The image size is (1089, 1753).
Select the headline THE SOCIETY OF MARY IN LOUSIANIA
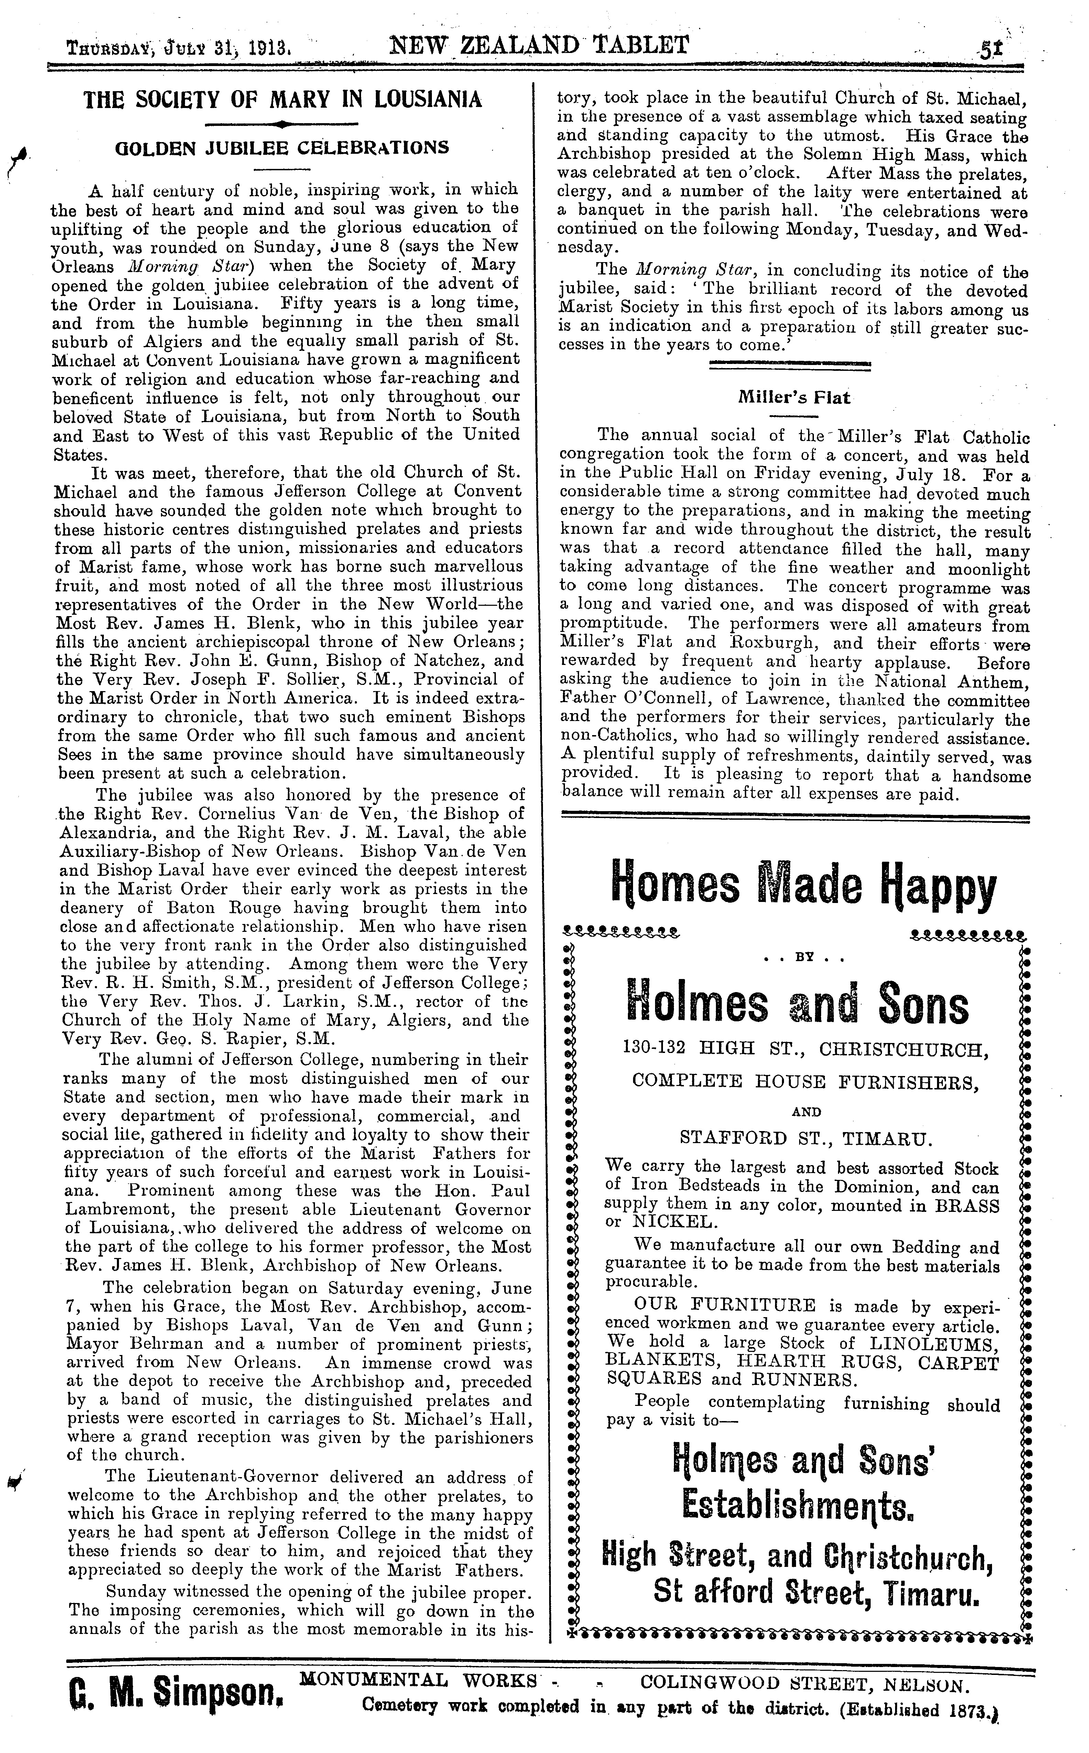[x=283, y=99]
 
